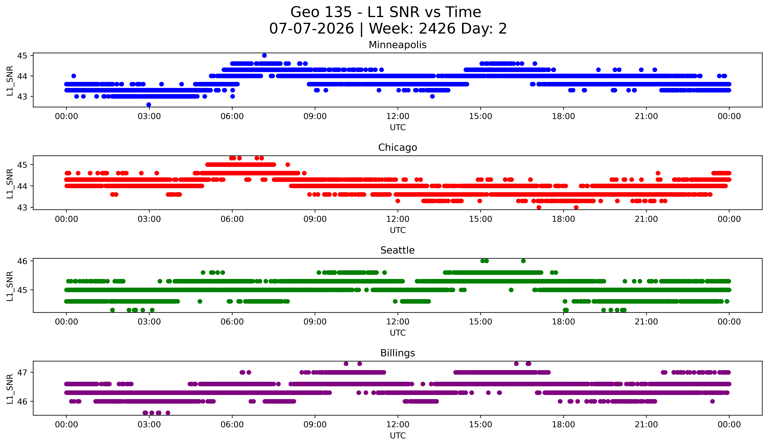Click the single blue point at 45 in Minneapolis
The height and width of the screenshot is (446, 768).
tap(264, 55)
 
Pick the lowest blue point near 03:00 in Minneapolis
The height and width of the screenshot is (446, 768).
tap(149, 105)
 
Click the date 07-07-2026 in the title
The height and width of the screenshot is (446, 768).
tap(311, 29)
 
